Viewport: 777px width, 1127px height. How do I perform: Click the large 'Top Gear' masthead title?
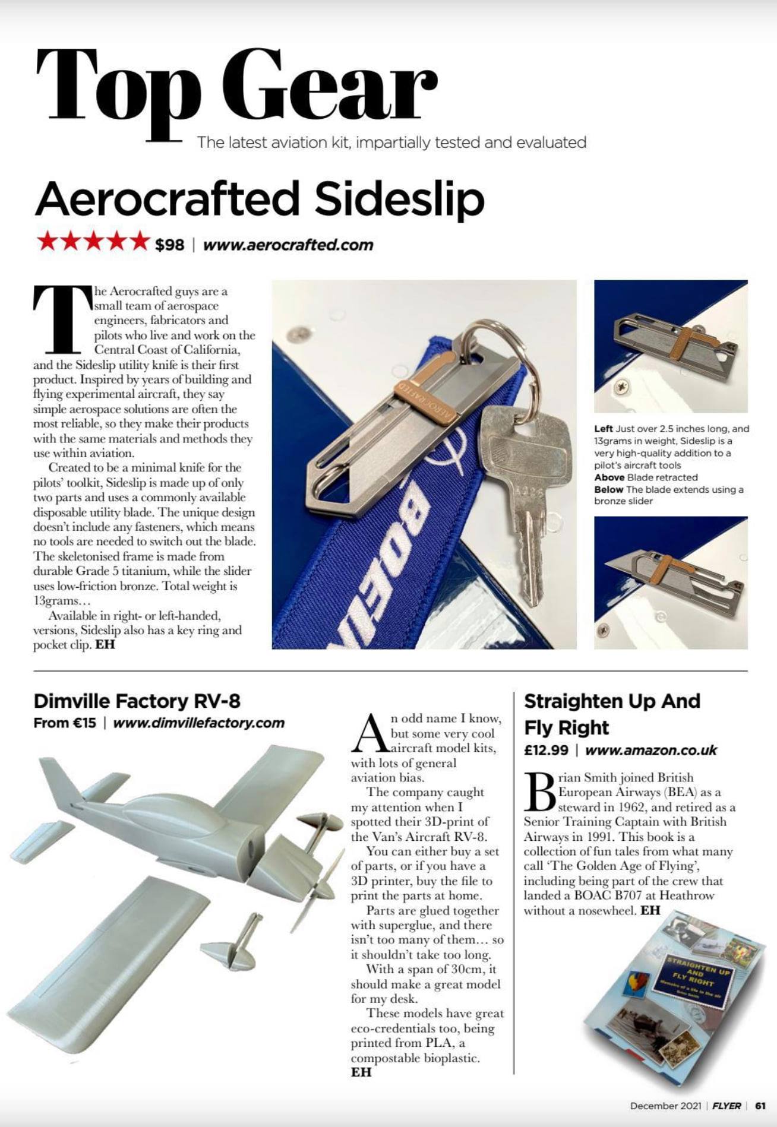pyautogui.click(x=236, y=86)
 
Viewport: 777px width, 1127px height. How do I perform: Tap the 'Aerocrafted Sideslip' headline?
pyautogui.click(x=260, y=199)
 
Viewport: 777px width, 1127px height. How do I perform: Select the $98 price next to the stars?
pyautogui.click(x=169, y=245)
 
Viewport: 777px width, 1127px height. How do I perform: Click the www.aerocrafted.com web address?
pyautogui.click(x=288, y=245)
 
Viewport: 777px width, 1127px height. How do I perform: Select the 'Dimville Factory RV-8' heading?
pyautogui.click(x=137, y=701)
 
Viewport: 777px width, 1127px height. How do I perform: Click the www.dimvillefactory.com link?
pyautogui.click(x=198, y=723)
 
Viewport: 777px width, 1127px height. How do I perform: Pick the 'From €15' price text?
pyautogui.click(x=64, y=723)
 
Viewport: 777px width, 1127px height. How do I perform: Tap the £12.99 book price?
pyautogui.click(x=546, y=750)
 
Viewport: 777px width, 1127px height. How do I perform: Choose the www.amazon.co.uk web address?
pyautogui.click(x=651, y=750)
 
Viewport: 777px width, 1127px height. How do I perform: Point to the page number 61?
pyautogui.click(x=760, y=1106)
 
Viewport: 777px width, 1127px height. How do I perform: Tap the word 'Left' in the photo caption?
pyautogui.click(x=603, y=429)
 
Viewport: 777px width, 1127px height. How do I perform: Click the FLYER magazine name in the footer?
pyautogui.click(x=727, y=1106)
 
